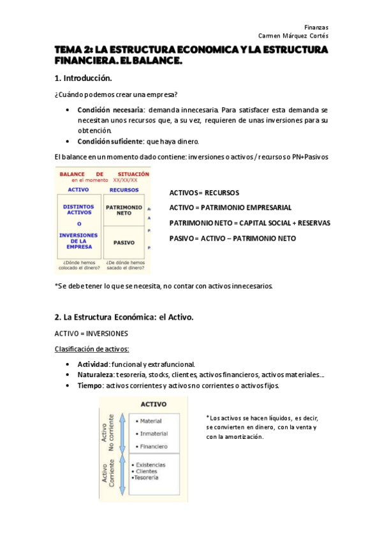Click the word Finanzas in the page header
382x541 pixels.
[316, 27]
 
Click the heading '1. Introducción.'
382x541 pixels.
[83, 78]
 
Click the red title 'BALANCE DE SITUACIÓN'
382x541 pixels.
[104, 174]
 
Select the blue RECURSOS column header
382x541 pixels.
[124, 189]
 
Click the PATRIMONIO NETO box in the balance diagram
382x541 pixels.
[124, 211]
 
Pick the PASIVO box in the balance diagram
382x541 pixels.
[124, 242]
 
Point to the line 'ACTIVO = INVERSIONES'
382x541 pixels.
[91, 334]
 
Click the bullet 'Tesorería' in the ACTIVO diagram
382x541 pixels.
[146, 477]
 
